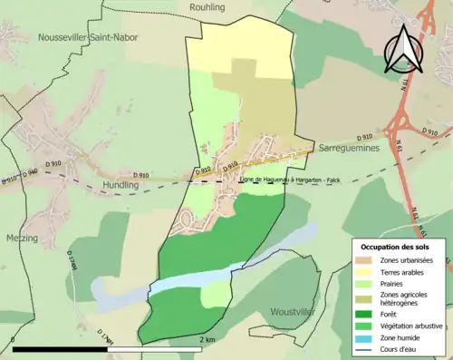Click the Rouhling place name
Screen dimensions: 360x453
[x=207, y=7]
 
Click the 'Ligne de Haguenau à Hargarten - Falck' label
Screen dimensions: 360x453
[x=291, y=180]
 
